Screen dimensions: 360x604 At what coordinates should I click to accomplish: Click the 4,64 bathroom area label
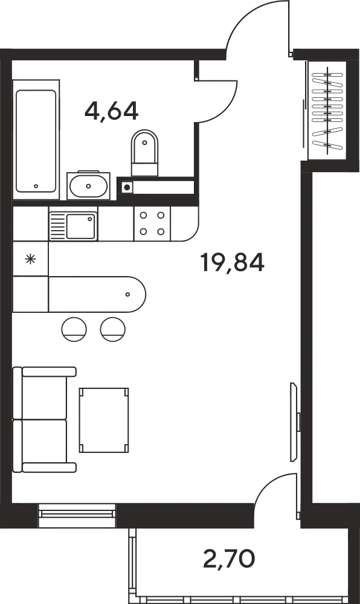(111, 111)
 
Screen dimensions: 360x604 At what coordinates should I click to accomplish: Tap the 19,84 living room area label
(232, 263)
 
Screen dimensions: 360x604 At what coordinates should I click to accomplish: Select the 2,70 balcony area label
(229, 559)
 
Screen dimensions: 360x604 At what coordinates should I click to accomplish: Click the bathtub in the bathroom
(36, 140)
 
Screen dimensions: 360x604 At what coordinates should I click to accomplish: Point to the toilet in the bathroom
(144, 153)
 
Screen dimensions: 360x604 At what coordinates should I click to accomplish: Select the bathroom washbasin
(89, 185)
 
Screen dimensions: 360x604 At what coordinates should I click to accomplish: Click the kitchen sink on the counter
(73, 226)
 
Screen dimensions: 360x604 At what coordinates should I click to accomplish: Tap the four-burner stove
(152, 224)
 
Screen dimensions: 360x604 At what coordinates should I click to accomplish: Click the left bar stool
(74, 329)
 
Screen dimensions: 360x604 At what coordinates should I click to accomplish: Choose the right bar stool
(113, 329)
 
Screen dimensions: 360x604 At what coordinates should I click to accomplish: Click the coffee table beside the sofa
(103, 420)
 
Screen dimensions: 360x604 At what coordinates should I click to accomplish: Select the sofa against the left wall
(44, 420)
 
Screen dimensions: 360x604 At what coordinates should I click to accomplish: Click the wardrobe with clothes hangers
(327, 110)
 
